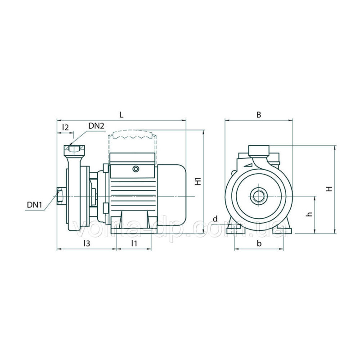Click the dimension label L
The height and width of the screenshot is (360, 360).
[121, 114]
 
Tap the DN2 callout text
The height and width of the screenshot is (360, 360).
[96, 126]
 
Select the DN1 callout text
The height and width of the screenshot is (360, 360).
[35, 205]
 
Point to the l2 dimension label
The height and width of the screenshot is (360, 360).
[65, 127]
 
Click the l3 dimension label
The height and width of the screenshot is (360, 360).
[87, 243]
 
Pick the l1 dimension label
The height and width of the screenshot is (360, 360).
[134, 243]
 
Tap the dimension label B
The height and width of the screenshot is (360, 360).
[259, 115]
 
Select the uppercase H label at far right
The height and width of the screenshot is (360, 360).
[330, 189]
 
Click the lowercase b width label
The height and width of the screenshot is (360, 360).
[259, 243]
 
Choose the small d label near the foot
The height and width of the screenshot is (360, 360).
[215, 219]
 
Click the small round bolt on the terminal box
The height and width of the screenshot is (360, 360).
[136, 169]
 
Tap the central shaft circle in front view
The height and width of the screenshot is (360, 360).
[259, 196]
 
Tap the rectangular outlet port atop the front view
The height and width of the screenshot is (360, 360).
[259, 150]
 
